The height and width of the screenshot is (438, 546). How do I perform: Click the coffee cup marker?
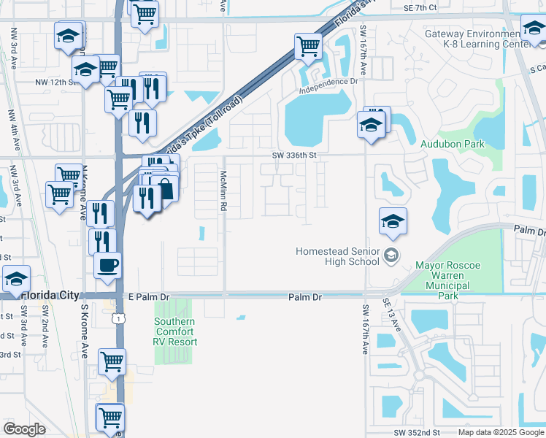(x=108, y=266)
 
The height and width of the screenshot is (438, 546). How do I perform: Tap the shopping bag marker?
(x=165, y=189)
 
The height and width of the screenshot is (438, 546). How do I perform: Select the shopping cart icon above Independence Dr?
(x=309, y=47)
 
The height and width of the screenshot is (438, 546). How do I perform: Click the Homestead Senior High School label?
(x=339, y=256)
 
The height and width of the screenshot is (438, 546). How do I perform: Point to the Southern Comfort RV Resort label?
(x=174, y=331)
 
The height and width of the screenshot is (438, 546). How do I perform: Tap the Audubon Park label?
(x=452, y=144)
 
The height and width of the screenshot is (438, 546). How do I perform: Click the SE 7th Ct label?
(x=420, y=7)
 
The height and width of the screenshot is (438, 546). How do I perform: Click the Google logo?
(x=25, y=429)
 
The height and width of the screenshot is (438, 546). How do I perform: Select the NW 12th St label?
(x=55, y=82)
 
